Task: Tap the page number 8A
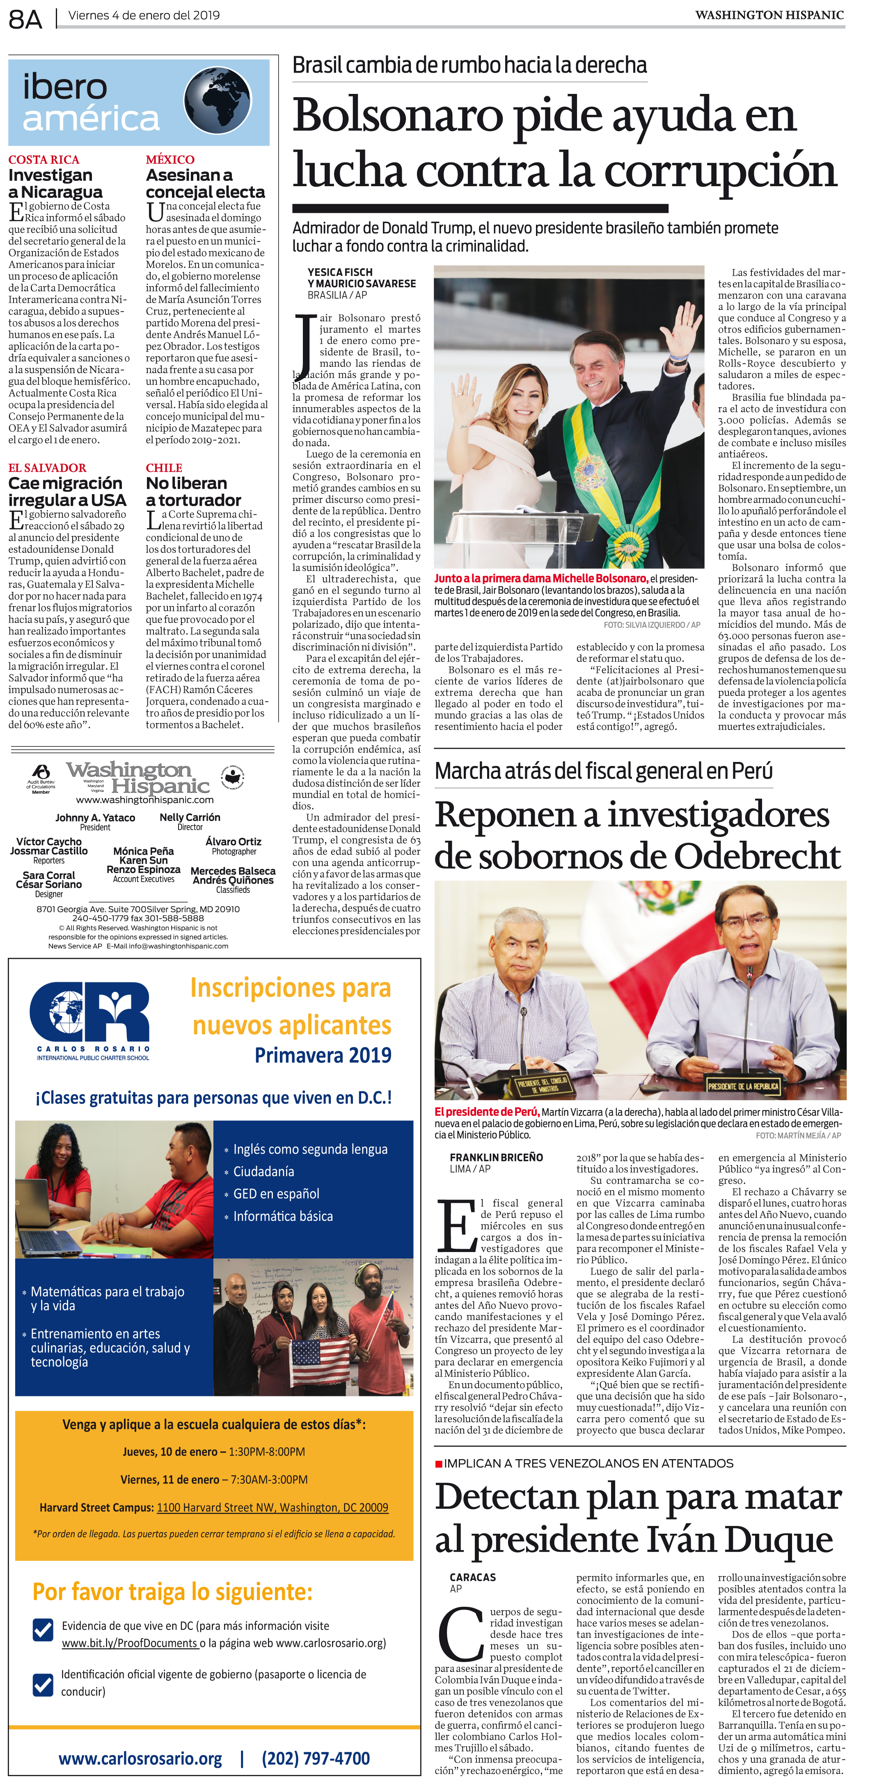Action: (x=25, y=18)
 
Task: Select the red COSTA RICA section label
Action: (x=44, y=160)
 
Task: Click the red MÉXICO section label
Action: (x=170, y=160)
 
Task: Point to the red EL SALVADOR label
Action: (x=47, y=468)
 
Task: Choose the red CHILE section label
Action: (x=164, y=468)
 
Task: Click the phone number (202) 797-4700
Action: (x=316, y=1758)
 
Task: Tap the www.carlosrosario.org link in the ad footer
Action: (x=140, y=1758)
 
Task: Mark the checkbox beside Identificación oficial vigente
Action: (x=43, y=1684)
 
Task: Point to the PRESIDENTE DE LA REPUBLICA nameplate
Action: (x=743, y=1086)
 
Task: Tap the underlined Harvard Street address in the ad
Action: (x=272, y=1507)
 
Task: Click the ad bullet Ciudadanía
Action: (x=263, y=1171)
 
